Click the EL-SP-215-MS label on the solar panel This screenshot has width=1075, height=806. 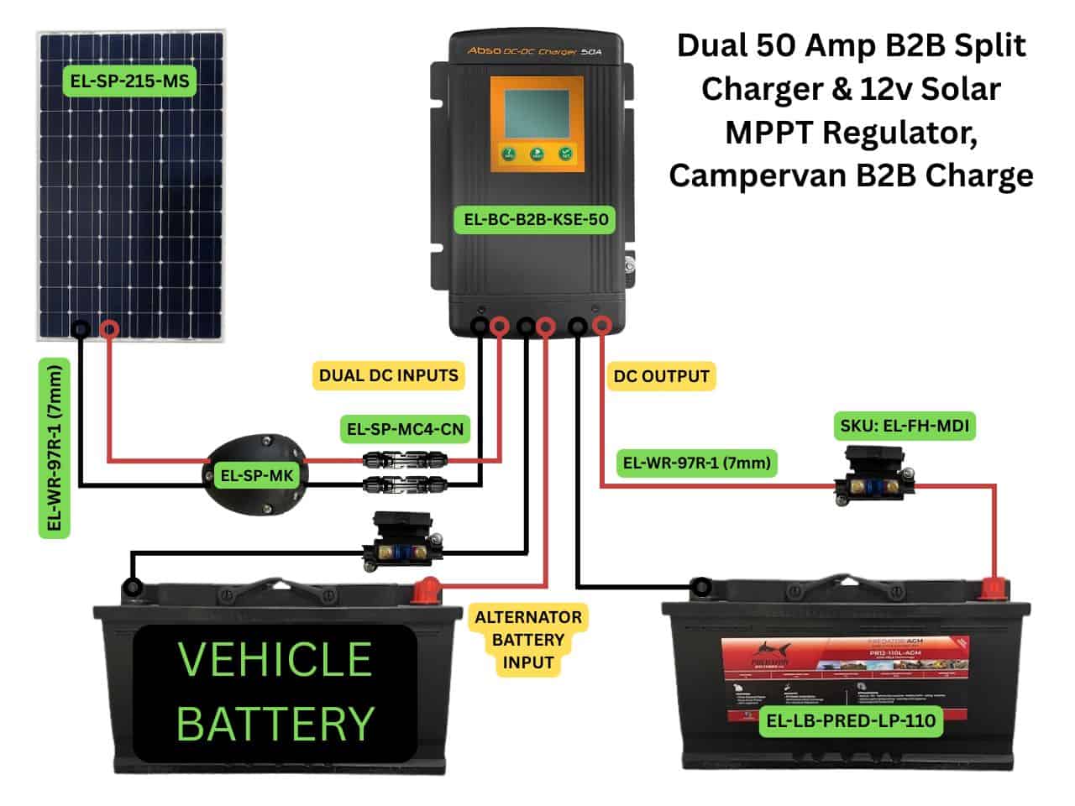[x=129, y=81]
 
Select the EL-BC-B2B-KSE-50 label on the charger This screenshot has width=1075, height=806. [x=536, y=220]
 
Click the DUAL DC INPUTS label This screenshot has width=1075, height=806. [x=389, y=375]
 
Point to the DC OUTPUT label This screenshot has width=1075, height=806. [x=661, y=376]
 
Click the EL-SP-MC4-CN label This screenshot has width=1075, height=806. [x=405, y=430]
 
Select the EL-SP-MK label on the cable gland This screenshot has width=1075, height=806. [x=256, y=476]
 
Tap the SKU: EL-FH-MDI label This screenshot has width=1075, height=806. [x=905, y=426]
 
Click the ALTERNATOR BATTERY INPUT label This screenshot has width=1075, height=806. [x=527, y=639]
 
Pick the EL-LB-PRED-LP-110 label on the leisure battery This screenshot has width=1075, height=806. [x=851, y=720]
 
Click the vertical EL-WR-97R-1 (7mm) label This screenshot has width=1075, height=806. [x=55, y=447]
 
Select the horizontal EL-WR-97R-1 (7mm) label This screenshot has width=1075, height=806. [x=696, y=462]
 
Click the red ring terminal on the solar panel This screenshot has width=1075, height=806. [x=109, y=329]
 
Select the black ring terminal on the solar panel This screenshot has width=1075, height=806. [x=81, y=329]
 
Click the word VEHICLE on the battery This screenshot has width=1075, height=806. [x=275, y=660]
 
